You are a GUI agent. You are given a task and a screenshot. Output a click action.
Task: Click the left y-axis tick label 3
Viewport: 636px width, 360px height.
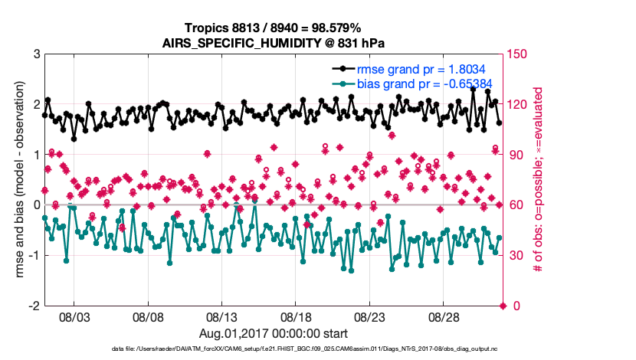36,54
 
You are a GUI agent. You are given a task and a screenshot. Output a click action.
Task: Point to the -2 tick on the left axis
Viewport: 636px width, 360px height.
34,306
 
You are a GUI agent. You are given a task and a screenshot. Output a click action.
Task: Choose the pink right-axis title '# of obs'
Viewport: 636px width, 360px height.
539,180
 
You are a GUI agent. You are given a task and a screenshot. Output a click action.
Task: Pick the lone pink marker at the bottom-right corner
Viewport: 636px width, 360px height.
503,306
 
